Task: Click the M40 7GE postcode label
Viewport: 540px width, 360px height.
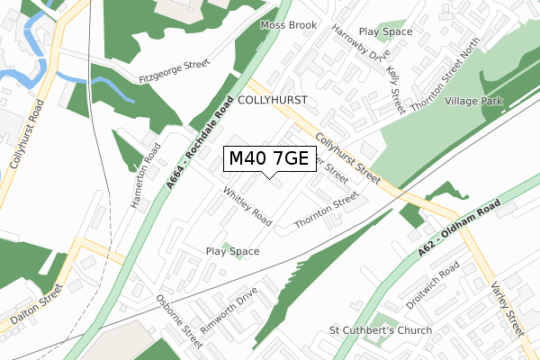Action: (x=269, y=159)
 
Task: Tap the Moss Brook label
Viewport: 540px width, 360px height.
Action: (x=289, y=25)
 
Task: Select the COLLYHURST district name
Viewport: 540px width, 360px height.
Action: (x=274, y=101)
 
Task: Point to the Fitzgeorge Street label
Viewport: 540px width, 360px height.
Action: (x=174, y=71)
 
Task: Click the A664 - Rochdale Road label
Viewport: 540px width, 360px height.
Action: (x=201, y=141)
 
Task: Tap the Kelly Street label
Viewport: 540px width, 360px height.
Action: (x=394, y=89)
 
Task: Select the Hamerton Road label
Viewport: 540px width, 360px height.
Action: (x=145, y=176)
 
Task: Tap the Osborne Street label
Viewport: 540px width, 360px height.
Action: (x=177, y=321)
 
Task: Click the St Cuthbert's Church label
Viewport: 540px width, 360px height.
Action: (x=381, y=331)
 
